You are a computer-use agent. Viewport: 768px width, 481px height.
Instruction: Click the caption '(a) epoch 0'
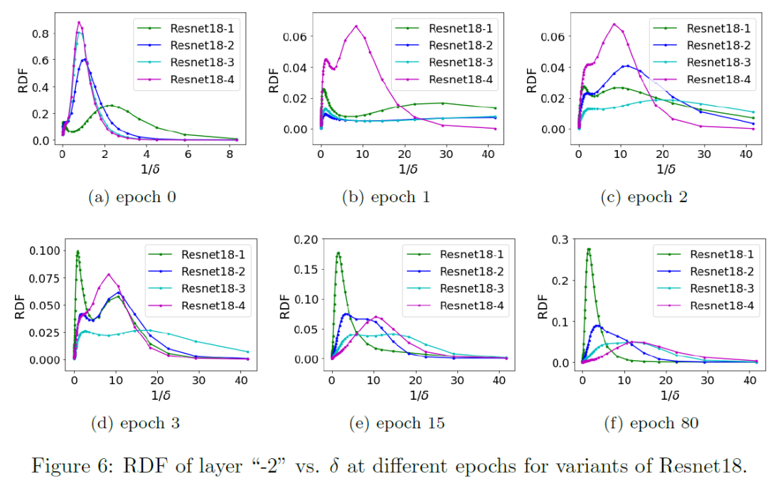[132, 197]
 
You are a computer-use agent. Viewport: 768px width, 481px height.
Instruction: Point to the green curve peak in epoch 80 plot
[589, 249]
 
